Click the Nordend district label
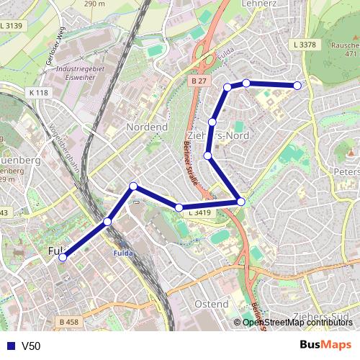click(146, 127)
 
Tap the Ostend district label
click(211, 305)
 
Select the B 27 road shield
click(199, 81)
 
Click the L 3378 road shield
click(305, 45)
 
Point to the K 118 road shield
click(40, 93)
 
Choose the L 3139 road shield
click(12, 26)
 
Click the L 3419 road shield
click(199, 213)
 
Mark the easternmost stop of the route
click(297, 86)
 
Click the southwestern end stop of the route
click(63, 257)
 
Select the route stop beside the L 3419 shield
click(179, 208)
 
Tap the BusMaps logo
click(326, 345)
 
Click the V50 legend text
click(31, 346)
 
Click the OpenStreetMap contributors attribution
click(297, 323)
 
